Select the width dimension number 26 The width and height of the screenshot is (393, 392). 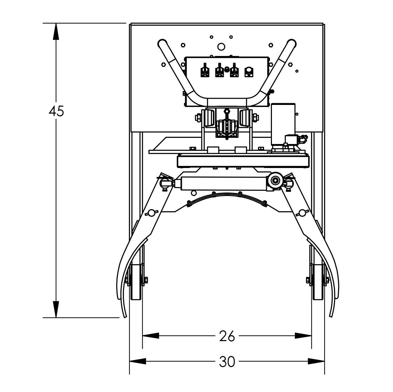coord(227,336)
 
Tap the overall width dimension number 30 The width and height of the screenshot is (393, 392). coord(227,362)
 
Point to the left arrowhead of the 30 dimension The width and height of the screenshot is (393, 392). coord(137,362)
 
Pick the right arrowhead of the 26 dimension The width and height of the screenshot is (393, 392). coord(303,336)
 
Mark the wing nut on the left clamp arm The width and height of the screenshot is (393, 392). coord(153,213)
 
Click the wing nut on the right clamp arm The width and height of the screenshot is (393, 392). coord(302,213)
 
